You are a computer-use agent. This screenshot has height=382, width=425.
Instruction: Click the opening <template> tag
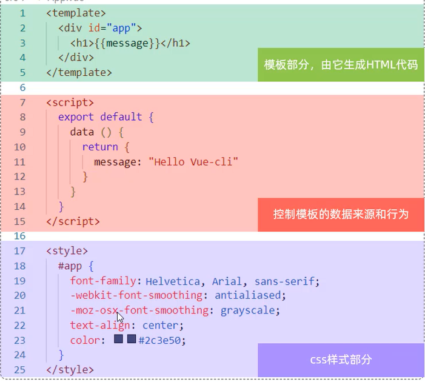point(76,13)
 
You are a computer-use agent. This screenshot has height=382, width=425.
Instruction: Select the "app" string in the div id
point(121,28)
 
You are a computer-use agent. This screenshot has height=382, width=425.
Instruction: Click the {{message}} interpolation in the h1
point(127,43)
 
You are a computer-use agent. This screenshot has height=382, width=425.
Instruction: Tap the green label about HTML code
point(341,65)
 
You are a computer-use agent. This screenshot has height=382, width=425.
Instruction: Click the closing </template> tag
point(79,72)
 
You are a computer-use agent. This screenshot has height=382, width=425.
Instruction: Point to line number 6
point(22,87)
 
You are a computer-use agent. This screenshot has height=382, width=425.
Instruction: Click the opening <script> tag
point(70,102)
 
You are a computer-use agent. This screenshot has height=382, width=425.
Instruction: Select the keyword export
point(76,117)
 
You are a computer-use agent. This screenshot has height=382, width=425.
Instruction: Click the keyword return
point(100,147)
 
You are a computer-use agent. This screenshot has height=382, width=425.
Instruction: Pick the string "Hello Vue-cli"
point(193,162)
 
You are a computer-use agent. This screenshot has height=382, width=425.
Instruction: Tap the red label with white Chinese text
point(341,215)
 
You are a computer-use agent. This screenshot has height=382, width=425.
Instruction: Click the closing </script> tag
point(73,221)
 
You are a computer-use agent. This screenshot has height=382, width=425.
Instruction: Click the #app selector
point(70,266)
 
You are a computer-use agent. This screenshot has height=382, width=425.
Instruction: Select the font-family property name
point(103,281)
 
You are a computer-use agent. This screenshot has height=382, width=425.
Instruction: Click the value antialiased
point(247,295)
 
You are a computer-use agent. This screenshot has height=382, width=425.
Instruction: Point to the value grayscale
point(247,310)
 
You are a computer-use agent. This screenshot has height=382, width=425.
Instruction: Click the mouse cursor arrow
point(120,317)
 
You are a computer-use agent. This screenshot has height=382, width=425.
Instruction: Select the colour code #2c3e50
point(159,340)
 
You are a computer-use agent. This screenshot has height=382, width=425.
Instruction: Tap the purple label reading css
point(341,360)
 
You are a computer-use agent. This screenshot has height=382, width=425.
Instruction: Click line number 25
point(20,370)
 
